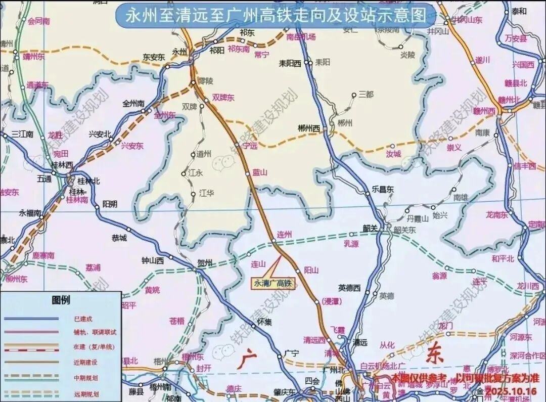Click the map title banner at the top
tap(276, 16)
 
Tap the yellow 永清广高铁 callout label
tap(273, 284)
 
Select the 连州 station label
tap(285, 235)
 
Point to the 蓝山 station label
tap(259, 172)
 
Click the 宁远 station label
tap(250, 146)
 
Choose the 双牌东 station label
tap(223, 98)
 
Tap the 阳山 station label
tap(311, 271)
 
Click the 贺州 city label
tap(205, 262)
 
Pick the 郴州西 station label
tap(309, 128)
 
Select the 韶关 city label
tap(371, 228)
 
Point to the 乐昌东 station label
tap(383, 189)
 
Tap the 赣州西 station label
tap(483, 111)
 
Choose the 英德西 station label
tap(349, 288)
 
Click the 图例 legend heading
tap(61, 300)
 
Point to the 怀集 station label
tap(264, 321)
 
